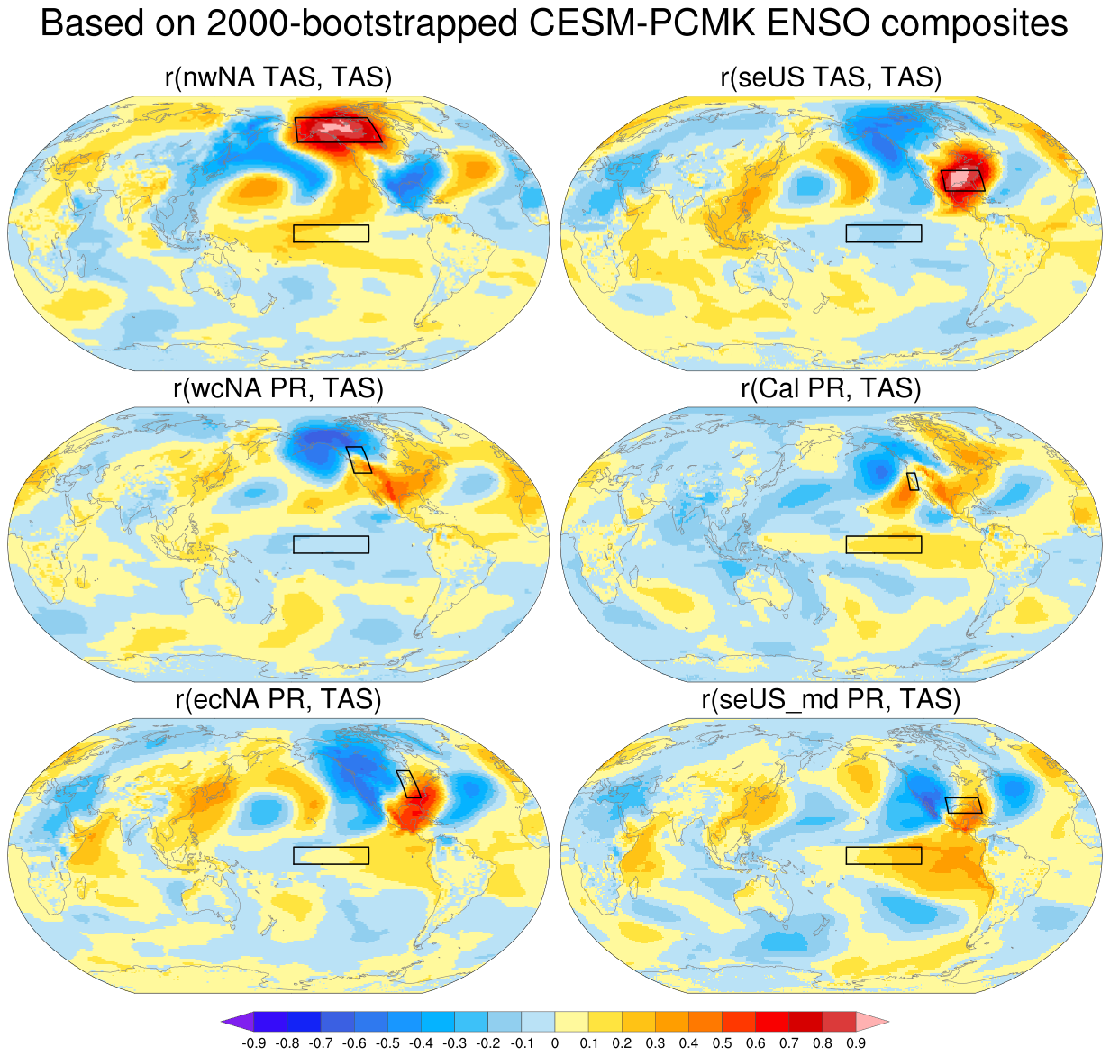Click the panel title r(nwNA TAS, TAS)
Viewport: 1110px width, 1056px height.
point(278,77)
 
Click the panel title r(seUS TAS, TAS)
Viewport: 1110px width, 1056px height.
point(831,77)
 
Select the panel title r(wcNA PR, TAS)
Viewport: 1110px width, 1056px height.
point(278,388)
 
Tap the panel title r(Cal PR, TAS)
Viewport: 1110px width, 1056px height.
point(831,388)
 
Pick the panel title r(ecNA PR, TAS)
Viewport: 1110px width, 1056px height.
point(278,699)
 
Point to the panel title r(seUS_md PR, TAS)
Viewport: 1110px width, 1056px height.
point(831,699)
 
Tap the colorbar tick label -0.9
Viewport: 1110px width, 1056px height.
point(254,1043)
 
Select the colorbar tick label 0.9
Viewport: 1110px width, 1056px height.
point(856,1043)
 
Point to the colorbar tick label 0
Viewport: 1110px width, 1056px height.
point(555,1043)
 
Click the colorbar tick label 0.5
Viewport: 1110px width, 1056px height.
point(723,1043)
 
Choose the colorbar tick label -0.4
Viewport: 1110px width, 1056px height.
point(422,1043)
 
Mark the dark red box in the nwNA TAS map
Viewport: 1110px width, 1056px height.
point(338,130)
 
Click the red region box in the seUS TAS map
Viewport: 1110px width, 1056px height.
point(963,180)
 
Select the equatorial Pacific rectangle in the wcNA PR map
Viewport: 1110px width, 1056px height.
point(332,544)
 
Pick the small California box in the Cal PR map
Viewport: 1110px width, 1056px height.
point(913,481)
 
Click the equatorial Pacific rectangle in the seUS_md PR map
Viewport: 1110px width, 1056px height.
point(884,855)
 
